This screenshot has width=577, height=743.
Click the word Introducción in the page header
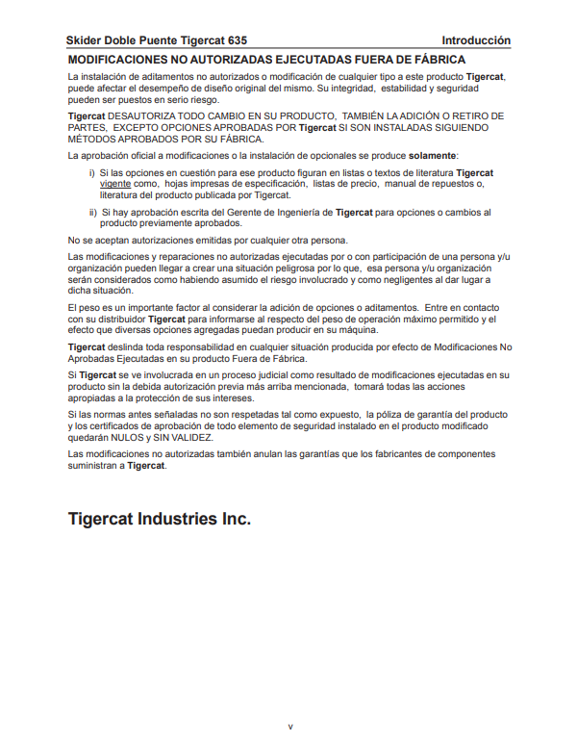click(x=476, y=41)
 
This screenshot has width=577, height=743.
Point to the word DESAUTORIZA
click(x=136, y=115)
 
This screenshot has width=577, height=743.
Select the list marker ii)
click(x=93, y=212)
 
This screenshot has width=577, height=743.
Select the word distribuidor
click(x=115, y=318)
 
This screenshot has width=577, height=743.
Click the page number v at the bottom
click(x=289, y=726)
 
